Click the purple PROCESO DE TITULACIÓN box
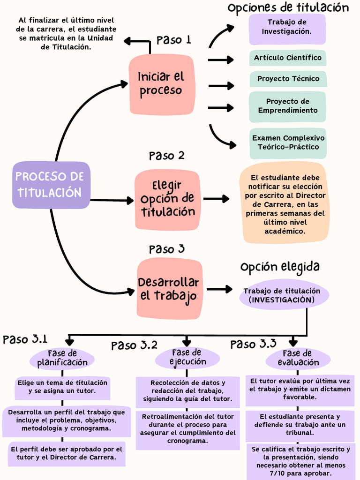click(51, 185)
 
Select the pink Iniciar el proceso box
click(162, 84)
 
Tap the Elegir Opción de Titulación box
click(167, 199)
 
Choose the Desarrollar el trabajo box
click(169, 289)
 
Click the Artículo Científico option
click(288, 58)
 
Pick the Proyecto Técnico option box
click(288, 79)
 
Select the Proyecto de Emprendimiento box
click(288, 106)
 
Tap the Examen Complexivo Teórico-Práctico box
click(288, 142)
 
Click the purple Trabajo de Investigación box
click(287, 27)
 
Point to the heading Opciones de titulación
click(288, 8)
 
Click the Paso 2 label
click(166, 155)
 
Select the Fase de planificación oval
click(62, 358)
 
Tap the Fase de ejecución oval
click(187, 357)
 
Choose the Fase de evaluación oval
click(298, 358)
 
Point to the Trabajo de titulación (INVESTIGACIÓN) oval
click(282, 295)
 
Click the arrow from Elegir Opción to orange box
click(216, 199)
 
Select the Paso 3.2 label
click(134, 346)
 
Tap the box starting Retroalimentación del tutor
click(187, 429)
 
